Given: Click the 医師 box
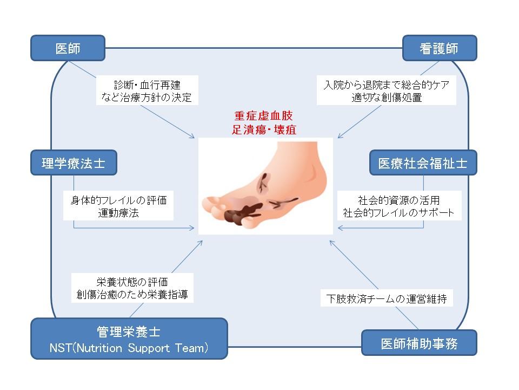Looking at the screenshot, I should [x=68, y=49].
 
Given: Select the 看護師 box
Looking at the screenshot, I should [x=439, y=49].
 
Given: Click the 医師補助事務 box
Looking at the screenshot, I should [x=420, y=343].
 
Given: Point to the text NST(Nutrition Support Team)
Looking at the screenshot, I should [x=128, y=348].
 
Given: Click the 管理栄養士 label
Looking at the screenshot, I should [x=128, y=331].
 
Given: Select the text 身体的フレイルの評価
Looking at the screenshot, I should [x=118, y=200].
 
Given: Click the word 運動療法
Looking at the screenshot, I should [x=118, y=213].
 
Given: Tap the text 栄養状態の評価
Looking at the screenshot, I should [x=132, y=282].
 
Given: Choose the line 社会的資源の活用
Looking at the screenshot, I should [x=399, y=199].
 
